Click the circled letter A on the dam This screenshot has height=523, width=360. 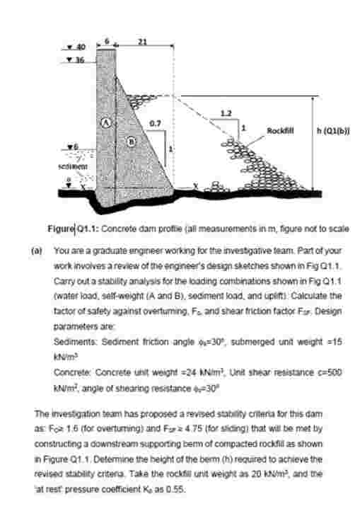coord(107,122)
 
